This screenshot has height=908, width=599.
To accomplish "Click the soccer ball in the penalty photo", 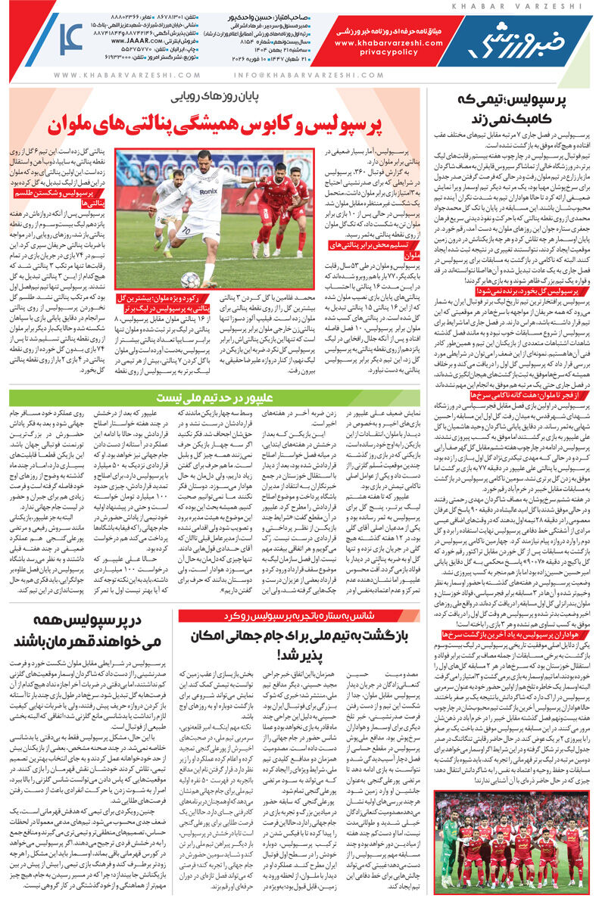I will [192, 280].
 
